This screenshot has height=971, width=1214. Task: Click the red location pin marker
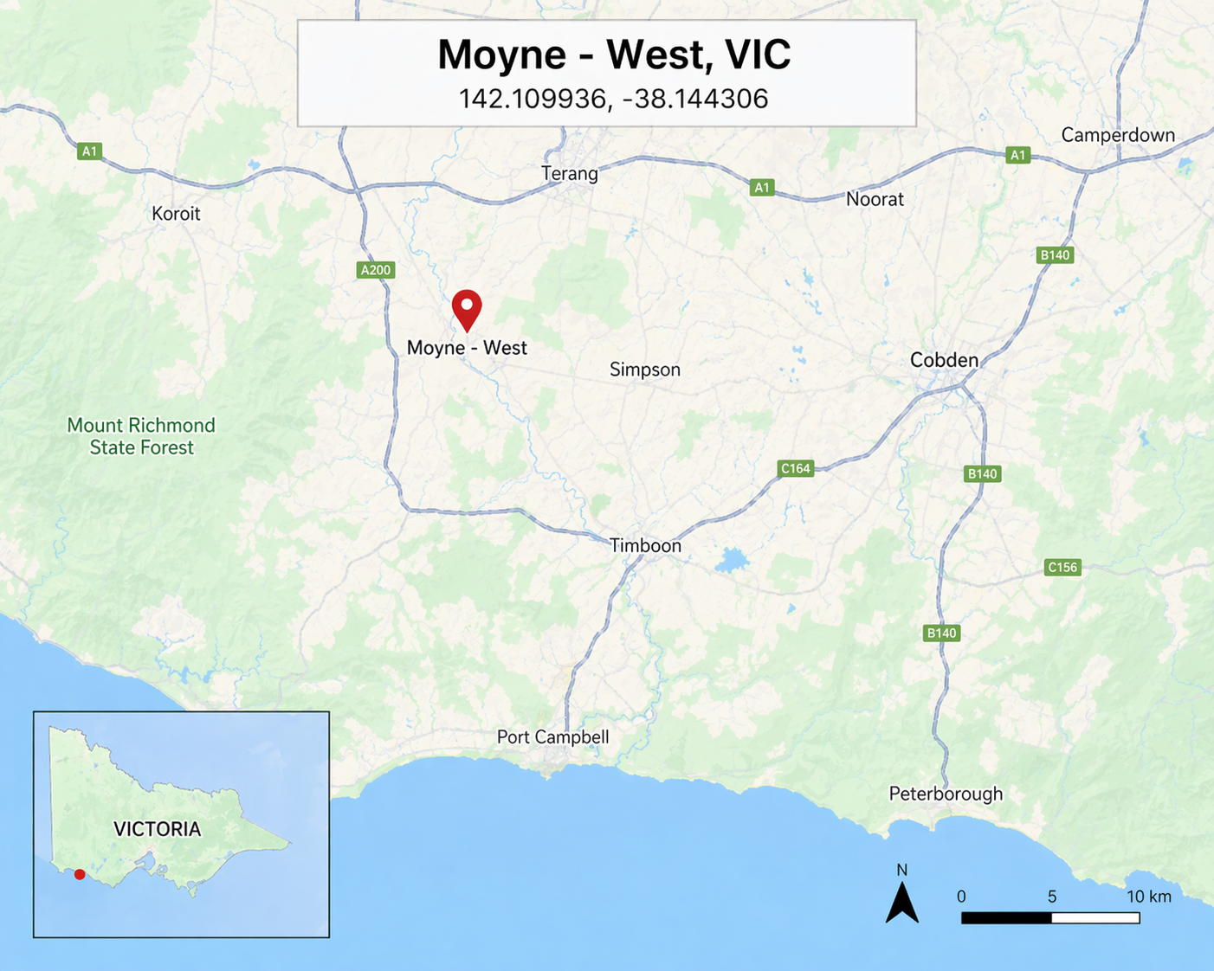pos(467,309)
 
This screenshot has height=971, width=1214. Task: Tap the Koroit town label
pos(176,214)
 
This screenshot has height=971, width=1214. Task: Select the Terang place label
pos(570,173)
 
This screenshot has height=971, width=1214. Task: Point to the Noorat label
pos(875,199)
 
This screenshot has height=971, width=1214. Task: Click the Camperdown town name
pos(1118,135)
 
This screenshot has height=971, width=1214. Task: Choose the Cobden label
pos(944,360)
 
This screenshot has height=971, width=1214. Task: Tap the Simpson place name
pos(645,370)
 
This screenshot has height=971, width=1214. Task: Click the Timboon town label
pos(645,545)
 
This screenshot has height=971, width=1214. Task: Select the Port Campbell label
pos(552,736)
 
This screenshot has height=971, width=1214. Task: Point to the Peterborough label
pos(946,794)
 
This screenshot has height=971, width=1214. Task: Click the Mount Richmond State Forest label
pos(141,436)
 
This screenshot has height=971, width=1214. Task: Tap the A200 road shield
pos(376,270)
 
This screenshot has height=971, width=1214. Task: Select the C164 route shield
pos(796,469)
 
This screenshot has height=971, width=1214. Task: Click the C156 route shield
pos(1062,568)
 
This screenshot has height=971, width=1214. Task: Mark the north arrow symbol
pos(902,900)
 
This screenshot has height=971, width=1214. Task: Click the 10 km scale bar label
pos(1148,897)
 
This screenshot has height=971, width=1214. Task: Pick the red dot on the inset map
pos(80,875)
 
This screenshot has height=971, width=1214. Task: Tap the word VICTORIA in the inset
pos(157,829)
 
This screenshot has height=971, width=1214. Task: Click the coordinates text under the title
pos(613,99)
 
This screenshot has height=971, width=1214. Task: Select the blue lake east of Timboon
pos(732,562)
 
